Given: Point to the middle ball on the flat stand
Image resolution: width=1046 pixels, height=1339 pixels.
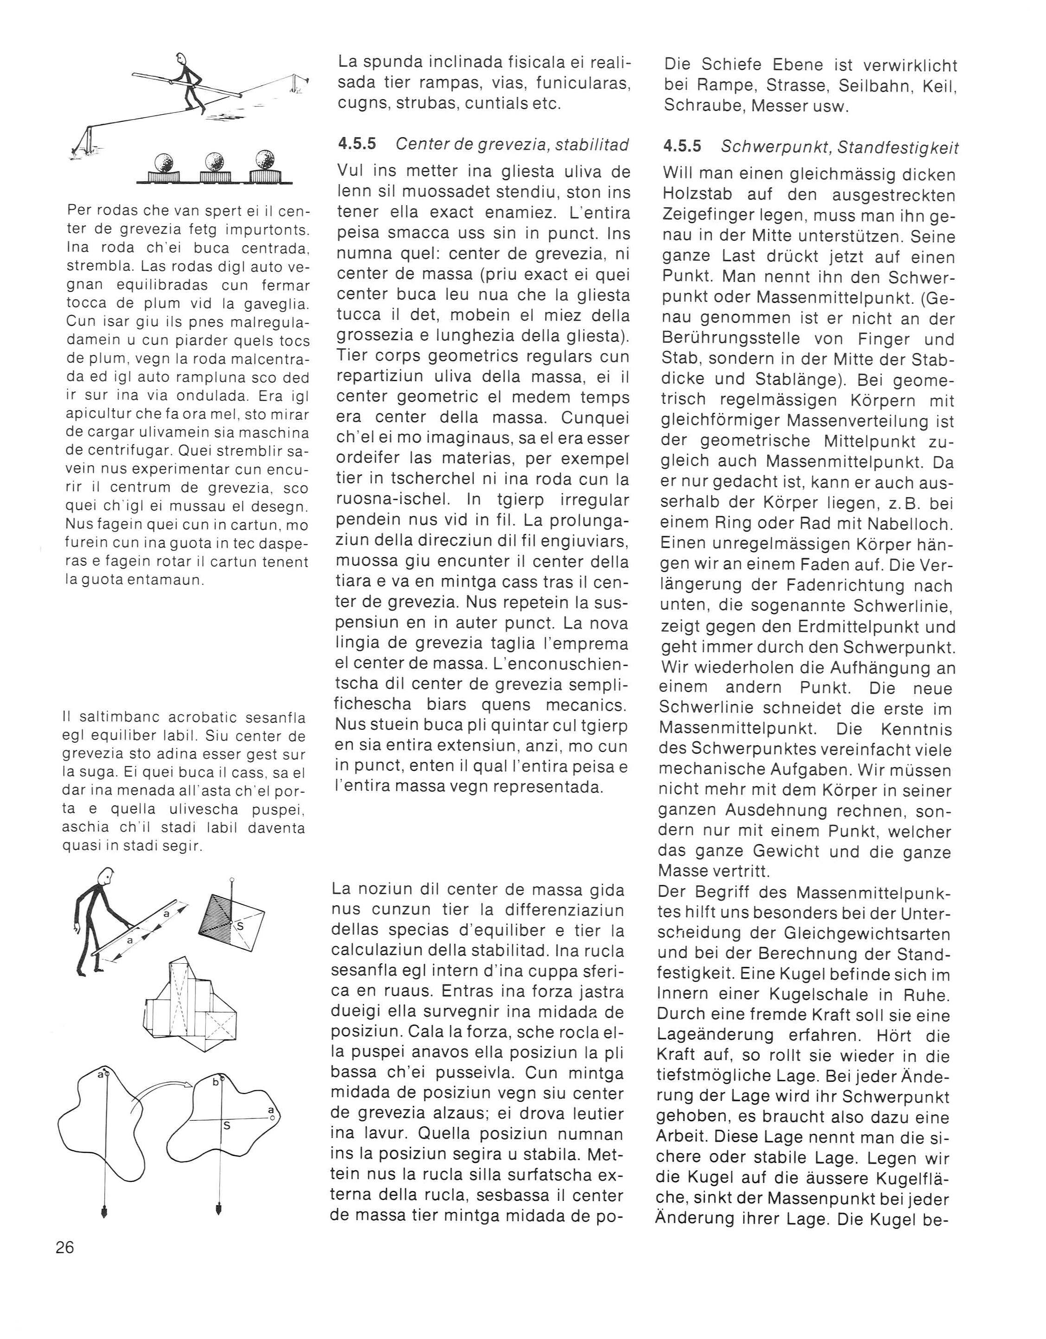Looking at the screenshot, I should (214, 162).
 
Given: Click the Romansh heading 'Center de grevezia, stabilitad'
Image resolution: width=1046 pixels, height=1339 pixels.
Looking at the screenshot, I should (512, 144).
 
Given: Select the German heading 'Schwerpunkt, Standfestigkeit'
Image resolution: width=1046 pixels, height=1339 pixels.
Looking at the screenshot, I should (839, 147).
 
